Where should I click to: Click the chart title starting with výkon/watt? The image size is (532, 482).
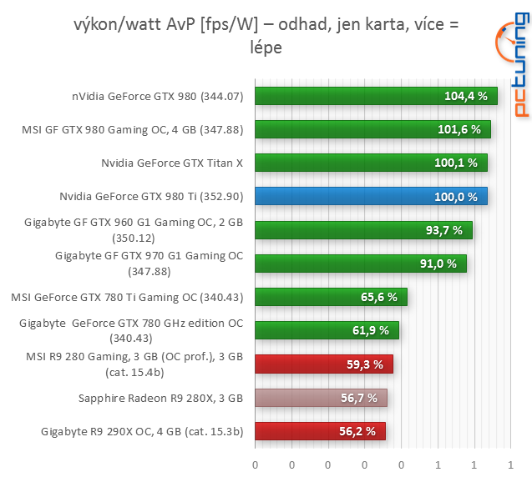pos(266,37)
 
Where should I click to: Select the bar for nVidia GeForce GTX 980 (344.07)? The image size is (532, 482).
pos(376,96)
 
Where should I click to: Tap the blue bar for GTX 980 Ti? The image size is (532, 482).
pos(371,197)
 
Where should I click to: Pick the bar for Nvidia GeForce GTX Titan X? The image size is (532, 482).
pos(371,163)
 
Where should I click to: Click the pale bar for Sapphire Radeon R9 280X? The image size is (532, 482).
pos(321,398)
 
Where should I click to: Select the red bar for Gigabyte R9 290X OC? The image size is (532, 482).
pos(320,431)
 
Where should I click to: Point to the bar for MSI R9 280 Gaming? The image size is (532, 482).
pos(323,364)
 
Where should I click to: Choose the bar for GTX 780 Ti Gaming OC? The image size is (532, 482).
pos(331,297)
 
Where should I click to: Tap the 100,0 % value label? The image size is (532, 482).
pos(456,197)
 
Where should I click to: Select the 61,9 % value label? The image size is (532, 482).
pos(370,331)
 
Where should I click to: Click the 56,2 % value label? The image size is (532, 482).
pos(357,431)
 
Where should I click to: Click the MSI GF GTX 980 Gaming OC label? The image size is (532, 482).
pos(132,129)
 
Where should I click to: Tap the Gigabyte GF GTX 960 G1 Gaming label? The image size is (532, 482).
pos(134,229)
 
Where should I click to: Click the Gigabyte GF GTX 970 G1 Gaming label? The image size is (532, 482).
pos(149,263)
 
